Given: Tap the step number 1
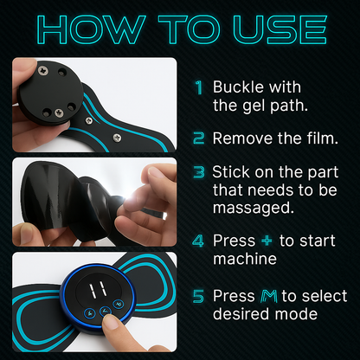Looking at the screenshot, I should point(198,87).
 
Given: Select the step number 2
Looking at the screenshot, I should point(198,138).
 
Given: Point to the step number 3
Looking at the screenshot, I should point(198,171).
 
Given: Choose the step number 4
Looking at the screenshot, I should point(198,239).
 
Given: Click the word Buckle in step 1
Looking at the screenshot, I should point(238,87).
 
